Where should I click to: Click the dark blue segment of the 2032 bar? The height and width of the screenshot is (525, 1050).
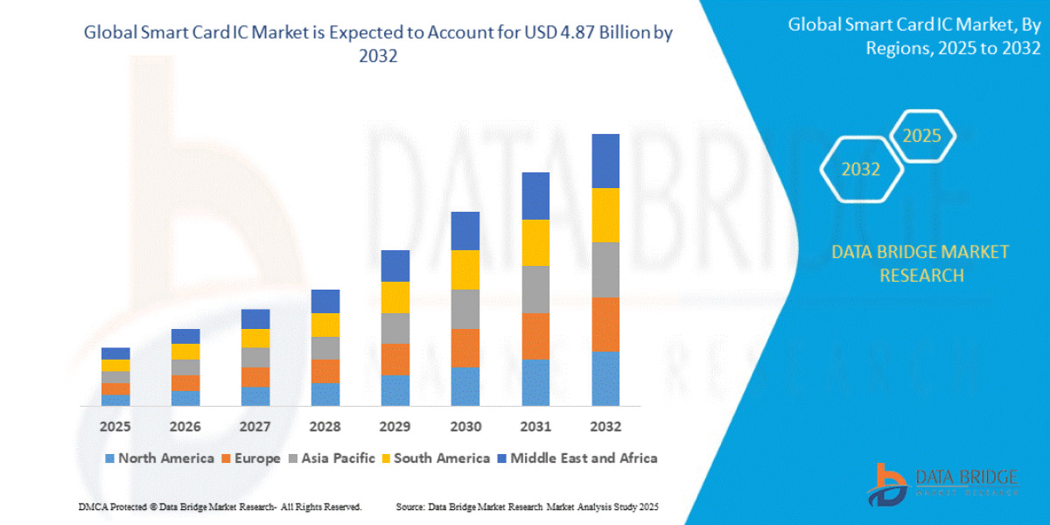pos(605,161)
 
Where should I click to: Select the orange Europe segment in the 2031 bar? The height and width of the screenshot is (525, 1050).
pos(535,336)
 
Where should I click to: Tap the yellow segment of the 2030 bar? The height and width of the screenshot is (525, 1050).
pos(465,269)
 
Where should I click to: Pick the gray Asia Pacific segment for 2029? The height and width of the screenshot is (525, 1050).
pos(395,328)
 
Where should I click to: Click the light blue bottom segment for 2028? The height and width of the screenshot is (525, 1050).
pos(325,394)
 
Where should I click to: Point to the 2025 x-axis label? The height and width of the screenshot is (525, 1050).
pos(115,427)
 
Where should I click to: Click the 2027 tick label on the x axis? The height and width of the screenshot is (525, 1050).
pos(255,427)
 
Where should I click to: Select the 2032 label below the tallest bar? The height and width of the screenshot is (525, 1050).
pos(605,427)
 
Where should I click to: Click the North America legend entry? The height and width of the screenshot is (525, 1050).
pos(159,458)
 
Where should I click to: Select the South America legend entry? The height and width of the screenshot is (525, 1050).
pos(435,458)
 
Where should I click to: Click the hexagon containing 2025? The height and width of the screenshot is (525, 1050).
pos(921,136)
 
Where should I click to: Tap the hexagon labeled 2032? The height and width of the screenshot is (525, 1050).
pos(861,170)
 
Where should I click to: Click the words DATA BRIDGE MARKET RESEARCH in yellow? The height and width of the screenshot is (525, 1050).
pos(920,263)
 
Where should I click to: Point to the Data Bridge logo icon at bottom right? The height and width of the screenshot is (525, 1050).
pos(888,484)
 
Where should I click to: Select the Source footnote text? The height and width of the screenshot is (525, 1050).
pos(527,507)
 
